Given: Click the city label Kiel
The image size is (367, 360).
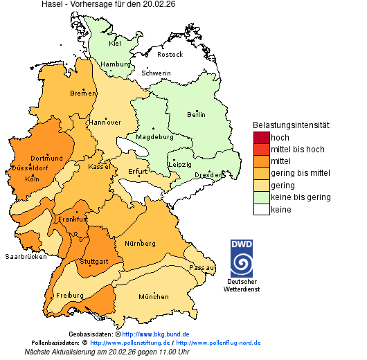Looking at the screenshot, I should click(115, 44).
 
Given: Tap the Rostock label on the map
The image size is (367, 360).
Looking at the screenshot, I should click(170, 55).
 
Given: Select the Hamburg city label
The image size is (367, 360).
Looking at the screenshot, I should click(115, 64).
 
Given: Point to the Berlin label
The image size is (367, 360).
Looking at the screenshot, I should click(197, 114).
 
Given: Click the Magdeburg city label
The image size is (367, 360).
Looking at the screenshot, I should click(154, 136).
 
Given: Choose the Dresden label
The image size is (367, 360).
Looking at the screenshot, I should click(208, 175).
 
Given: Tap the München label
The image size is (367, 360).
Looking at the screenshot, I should click(153, 297).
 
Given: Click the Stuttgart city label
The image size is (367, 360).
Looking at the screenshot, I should click(95, 262).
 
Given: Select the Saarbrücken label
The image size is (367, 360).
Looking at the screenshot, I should click(26, 257).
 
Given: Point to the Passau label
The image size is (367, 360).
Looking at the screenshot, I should click(202, 267).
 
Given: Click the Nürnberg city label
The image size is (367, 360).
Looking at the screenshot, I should click(140, 244).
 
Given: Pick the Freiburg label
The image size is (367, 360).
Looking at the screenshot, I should click(69, 296).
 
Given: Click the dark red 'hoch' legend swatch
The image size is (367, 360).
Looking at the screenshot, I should click(261, 137).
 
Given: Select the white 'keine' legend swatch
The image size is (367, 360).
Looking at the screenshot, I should click(261, 210).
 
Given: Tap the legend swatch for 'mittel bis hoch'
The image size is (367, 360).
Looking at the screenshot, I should click(261, 150).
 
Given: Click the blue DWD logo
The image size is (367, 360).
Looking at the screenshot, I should click(242, 258).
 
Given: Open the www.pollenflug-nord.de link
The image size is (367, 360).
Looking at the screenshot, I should click(218, 343).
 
